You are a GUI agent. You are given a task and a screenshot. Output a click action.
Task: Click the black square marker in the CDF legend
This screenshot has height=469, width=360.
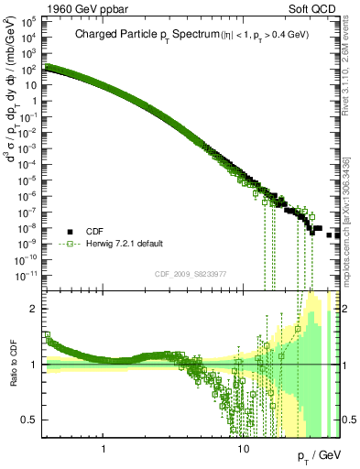tap(69, 232)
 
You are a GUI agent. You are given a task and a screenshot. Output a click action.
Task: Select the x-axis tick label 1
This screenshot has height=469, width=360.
tap(104, 449)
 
